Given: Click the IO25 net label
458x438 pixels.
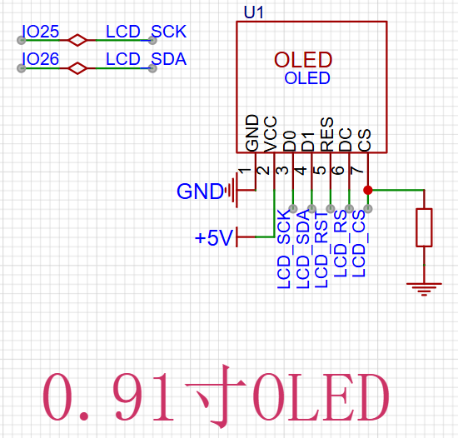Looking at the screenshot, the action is click(x=41, y=32).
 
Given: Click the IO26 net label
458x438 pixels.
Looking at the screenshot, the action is click(x=41, y=59).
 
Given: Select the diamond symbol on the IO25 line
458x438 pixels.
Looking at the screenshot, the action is click(x=77, y=40).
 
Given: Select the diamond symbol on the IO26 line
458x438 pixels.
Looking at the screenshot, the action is click(x=77, y=68).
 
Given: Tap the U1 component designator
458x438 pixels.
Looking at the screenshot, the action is click(x=253, y=12).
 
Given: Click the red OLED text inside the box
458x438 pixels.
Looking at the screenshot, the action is click(x=303, y=60).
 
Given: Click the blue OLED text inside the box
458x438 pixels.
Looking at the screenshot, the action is click(x=307, y=78).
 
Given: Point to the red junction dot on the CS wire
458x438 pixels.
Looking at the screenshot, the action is click(x=368, y=190).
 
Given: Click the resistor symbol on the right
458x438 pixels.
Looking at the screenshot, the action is click(x=424, y=227).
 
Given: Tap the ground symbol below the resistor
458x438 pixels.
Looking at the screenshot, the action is click(x=424, y=289).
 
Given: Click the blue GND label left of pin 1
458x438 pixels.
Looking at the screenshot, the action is click(x=200, y=192).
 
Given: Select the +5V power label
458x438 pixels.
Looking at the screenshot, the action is click(x=214, y=237).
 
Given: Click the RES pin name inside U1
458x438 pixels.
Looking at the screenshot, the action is click(x=327, y=134).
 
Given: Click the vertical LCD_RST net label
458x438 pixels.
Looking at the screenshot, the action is click(x=321, y=250).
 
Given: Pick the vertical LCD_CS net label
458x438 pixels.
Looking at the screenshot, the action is click(x=359, y=243).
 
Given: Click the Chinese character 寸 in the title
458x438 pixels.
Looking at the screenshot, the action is click(x=217, y=396).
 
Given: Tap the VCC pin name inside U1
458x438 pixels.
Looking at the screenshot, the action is click(x=270, y=134).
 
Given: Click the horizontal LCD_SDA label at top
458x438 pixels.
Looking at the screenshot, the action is click(x=146, y=59).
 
